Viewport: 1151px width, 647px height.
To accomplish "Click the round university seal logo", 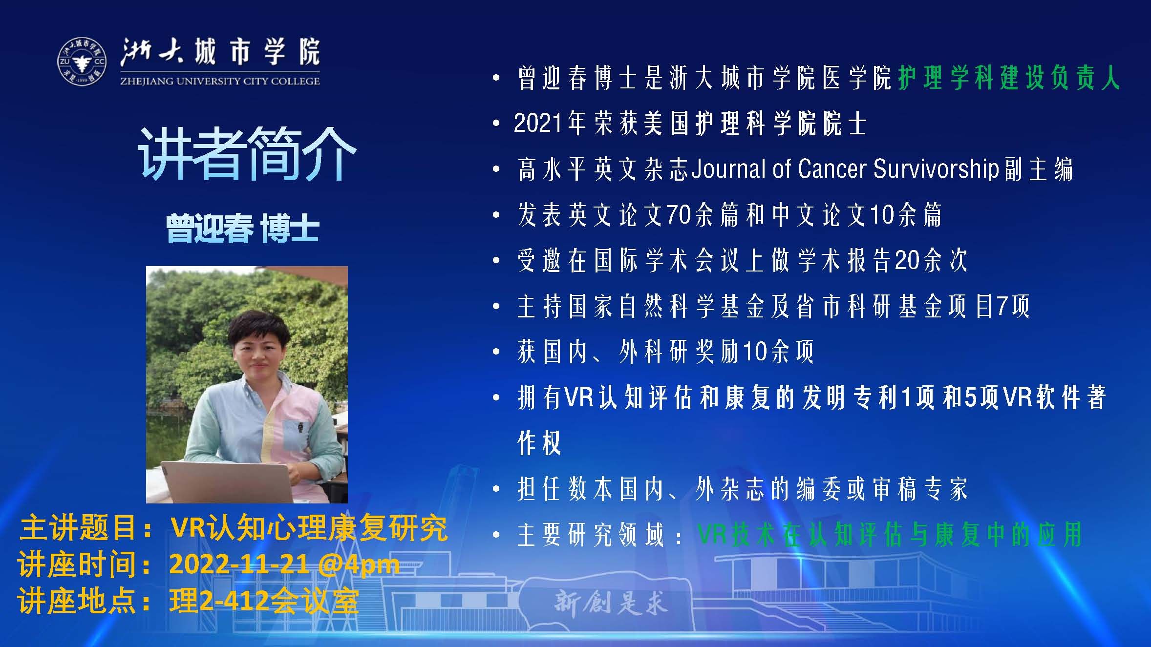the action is pyautogui.click(x=82, y=62).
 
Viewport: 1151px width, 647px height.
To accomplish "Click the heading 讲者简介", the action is pyautogui.click(x=247, y=154).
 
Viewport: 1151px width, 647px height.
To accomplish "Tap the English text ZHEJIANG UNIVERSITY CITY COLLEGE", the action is pyautogui.click(x=220, y=81).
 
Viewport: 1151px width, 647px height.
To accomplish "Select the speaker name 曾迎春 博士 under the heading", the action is pyautogui.click(x=243, y=229).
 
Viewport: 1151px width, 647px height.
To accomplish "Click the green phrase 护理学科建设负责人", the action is pyautogui.click(x=1008, y=78).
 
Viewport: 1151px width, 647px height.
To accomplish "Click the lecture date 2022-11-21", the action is pyautogui.click(x=239, y=564).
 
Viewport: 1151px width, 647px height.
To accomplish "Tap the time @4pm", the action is pyautogui.click(x=359, y=565).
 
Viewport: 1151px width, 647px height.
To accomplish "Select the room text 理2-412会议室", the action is pyautogui.click(x=264, y=601).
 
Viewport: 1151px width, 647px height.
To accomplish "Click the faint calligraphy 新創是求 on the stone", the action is pyautogui.click(x=611, y=604).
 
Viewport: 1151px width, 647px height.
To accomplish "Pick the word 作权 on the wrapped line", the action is pyautogui.click(x=539, y=443).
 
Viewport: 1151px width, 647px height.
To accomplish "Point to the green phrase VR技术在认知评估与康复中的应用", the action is pyautogui.click(x=890, y=535).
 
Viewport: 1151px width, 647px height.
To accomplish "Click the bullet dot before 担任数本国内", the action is pyautogui.click(x=497, y=489).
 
